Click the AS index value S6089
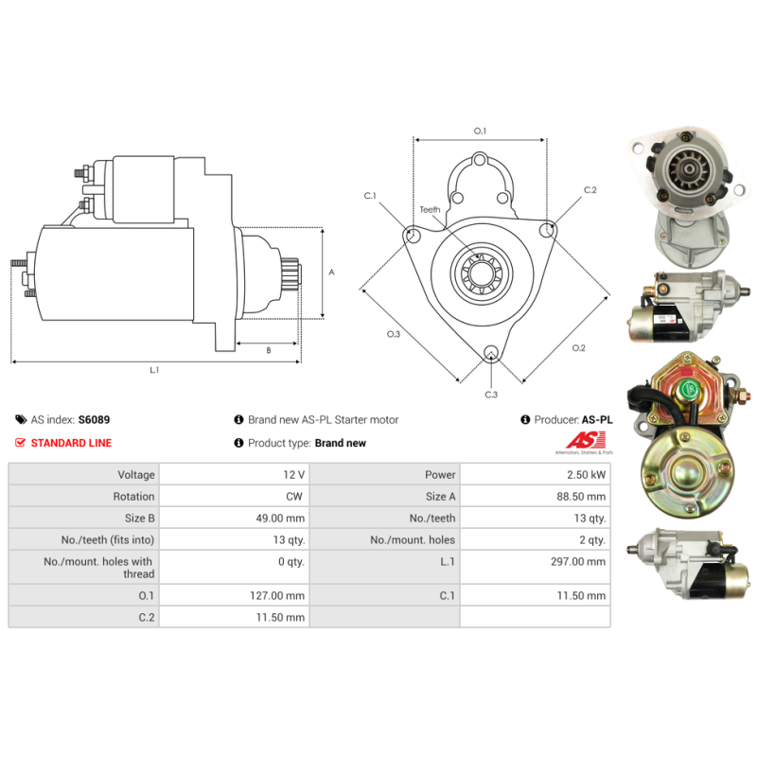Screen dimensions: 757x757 (94, 419)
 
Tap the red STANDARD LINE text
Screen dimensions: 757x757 (71, 443)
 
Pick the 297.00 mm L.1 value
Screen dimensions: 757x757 (578, 561)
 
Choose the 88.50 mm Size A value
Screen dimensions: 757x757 (581, 496)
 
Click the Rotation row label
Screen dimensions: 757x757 (133, 496)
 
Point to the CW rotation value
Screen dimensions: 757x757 (294, 496)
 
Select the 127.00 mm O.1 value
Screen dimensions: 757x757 (277, 596)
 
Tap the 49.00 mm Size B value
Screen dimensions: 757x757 (280, 518)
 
